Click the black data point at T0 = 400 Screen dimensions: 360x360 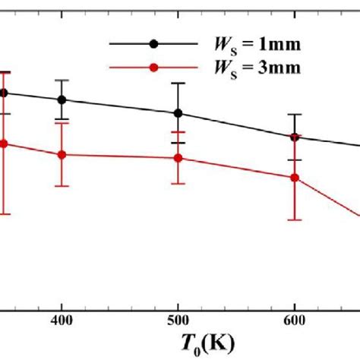62,99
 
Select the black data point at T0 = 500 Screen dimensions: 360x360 178,113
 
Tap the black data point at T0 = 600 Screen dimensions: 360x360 295,137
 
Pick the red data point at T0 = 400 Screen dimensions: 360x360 62,154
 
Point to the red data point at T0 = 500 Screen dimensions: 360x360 178,158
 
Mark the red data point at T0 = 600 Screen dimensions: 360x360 295,178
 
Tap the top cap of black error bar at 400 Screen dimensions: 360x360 62,81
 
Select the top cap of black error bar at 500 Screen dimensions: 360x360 178,84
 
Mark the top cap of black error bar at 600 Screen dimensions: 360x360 295,115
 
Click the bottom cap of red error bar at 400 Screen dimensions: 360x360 62,186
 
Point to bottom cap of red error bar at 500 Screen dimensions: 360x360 178,183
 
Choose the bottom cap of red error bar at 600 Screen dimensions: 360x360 295,220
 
